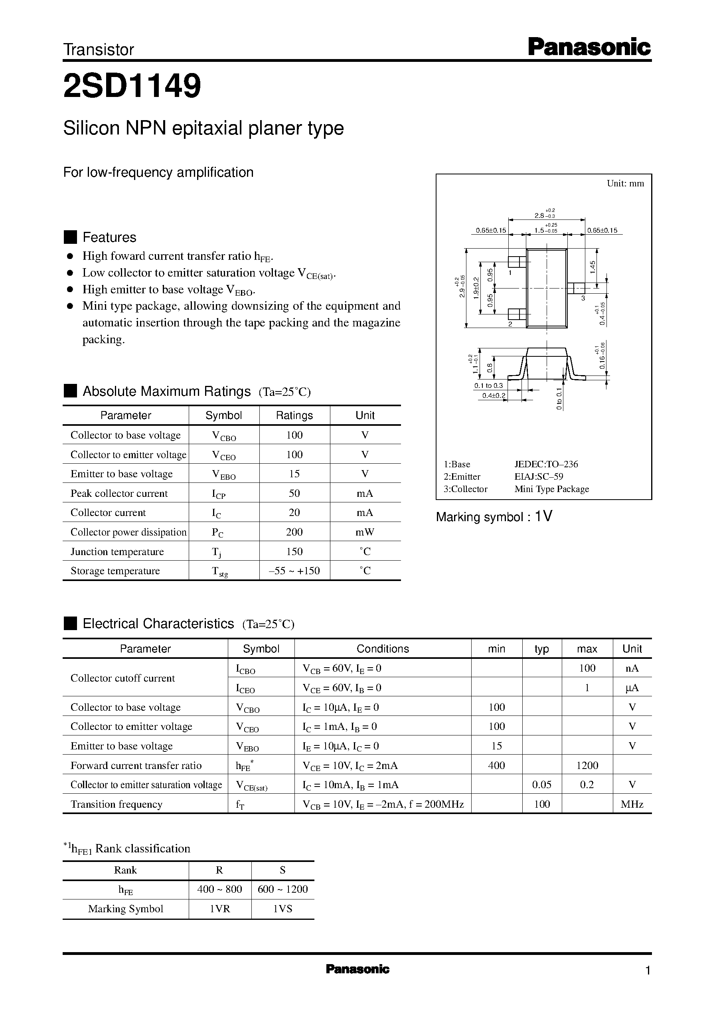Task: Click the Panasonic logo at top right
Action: [589, 47]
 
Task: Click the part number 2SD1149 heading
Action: [132, 86]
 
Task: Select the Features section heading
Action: [109, 237]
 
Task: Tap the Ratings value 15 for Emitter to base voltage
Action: [294, 474]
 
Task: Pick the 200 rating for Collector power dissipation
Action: [294, 532]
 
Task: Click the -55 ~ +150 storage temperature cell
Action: [294, 571]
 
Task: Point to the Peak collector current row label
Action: [119, 493]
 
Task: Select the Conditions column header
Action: [382, 648]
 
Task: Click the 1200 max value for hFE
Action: [587, 765]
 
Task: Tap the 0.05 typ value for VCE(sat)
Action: [541, 785]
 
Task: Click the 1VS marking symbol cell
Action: [282, 909]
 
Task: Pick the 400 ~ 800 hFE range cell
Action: [219, 889]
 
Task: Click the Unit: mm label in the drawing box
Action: [625, 184]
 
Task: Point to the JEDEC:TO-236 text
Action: [546, 464]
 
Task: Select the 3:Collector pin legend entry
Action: [465, 489]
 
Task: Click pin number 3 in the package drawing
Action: [583, 298]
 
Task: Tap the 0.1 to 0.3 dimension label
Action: [488, 385]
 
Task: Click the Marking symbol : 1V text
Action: [494, 516]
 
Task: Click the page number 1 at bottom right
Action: [647, 970]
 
